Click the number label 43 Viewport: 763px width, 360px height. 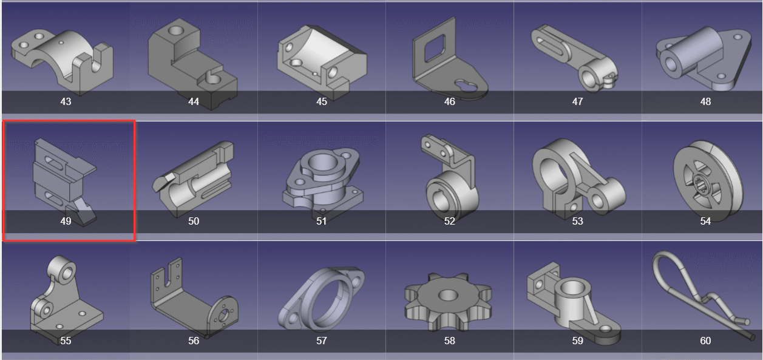(66, 101)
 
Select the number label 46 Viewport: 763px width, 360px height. (450, 101)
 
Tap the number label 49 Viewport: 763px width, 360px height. (66, 221)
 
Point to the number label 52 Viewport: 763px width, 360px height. (450, 221)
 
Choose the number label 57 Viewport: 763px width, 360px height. (322, 341)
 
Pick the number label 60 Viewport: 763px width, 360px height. (705, 341)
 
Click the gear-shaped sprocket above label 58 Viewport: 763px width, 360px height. (448, 302)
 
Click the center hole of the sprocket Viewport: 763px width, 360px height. (448, 295)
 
